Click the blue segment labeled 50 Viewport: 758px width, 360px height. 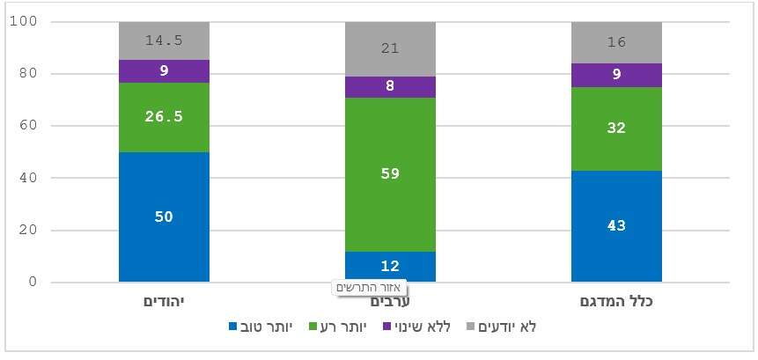(x=164, y=217)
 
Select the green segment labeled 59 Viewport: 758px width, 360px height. (x=390, y=174)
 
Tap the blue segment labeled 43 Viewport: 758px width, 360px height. (x=616, y=226)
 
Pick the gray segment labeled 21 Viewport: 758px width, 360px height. (x=390, y=49)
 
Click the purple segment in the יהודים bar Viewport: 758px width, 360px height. (x=164, y=71)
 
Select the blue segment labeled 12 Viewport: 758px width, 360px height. (x=390, y=267)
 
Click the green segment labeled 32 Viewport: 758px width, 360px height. (x=616, y=129)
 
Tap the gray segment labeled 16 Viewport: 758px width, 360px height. (x=616, y=42)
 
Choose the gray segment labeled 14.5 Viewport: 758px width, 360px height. (x=164, y=40)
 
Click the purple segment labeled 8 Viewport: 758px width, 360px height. (x=390, y=87)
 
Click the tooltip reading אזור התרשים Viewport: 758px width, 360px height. (x=371, y=288)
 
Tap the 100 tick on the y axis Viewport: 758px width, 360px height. (x=23, y=21)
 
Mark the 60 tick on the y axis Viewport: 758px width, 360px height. (x=26, y=126)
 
